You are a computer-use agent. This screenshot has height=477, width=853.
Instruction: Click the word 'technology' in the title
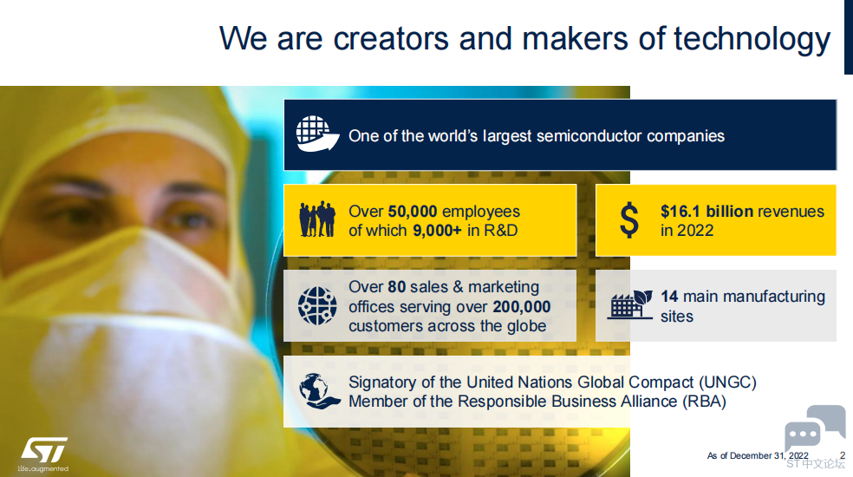(x=752, y=39)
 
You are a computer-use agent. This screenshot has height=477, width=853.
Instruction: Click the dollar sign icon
(x=629, y=220)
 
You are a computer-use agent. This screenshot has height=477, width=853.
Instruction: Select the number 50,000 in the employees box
(x=413, y=212)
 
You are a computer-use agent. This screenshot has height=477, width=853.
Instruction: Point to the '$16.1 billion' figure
(x=706, y=212)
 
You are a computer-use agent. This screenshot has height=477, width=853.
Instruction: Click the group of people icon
(x=317, y=219)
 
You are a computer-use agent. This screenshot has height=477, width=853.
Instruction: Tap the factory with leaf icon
(x=630, y=304)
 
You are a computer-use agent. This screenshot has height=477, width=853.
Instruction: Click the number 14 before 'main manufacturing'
(x=669, y=297)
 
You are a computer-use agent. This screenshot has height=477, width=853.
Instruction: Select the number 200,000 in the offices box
(x=521, y=307)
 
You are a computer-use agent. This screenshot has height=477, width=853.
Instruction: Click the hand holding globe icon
(x=319, y=391)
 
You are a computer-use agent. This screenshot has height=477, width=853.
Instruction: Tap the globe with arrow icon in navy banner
(x=317, y=134)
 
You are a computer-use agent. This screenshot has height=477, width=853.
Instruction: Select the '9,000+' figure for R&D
(x=438, y=231)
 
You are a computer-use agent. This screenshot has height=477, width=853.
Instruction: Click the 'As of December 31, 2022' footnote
(x=758, y=456)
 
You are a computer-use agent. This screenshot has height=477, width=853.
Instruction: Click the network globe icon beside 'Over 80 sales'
(x=317, y=306)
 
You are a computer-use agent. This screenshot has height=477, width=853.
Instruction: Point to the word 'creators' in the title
(x=391, y=39)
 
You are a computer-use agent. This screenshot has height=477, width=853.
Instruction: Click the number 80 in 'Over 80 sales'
(x=396, y=287)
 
